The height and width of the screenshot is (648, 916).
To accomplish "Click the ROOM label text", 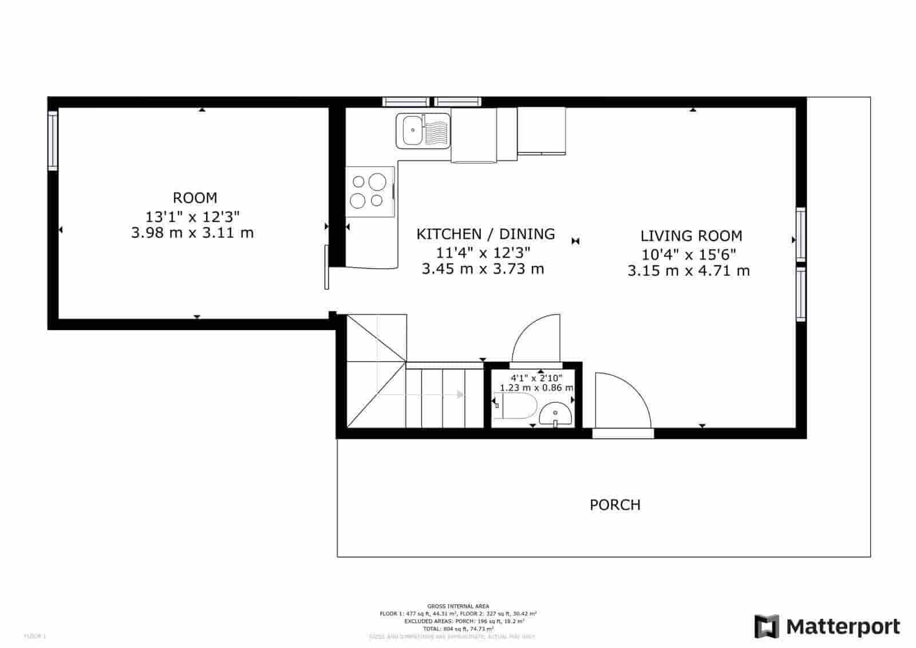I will point(195,198).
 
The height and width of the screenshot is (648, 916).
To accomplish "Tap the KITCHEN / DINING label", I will point(485,234).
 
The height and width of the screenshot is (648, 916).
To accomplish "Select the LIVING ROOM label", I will point(690,236).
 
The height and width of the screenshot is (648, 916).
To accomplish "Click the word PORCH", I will point(615,505).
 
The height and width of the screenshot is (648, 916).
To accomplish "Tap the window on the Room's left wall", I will point(53,140).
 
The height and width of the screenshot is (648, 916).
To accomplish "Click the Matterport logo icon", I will point(766,626).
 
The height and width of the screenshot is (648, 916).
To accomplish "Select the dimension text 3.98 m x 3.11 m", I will point(192,233).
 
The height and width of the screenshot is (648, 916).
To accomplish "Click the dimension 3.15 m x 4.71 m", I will point(688,271).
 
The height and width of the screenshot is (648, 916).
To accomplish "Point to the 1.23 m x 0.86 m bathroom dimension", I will point(536,388).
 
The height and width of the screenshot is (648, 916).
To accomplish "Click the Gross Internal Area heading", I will point(457,606).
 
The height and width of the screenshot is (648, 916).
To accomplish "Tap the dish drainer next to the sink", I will point(436,131).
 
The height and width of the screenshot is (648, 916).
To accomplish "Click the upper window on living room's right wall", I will point(800,234).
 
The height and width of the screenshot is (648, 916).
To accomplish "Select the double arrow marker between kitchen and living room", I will point(575,241).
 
